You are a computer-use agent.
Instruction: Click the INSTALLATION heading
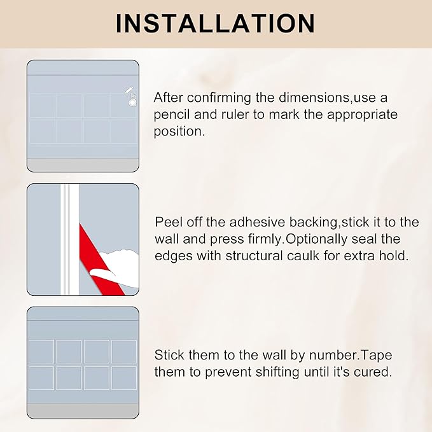click(x=216, y=24)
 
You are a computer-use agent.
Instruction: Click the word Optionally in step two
click(x=340, y=239)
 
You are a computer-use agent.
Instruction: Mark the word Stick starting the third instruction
click(x=169, y=354)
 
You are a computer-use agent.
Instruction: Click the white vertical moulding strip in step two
click(x=66, y=239)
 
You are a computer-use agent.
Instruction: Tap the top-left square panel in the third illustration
click(x=42, y=351)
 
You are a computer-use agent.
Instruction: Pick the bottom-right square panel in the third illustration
click(x=124, y=378)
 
